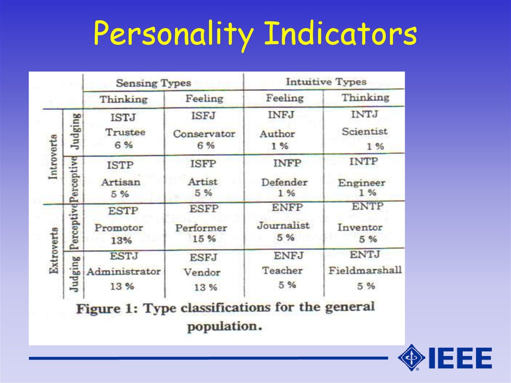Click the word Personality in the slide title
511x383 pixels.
pos(174,34)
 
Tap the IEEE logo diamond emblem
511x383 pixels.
pos(411,358)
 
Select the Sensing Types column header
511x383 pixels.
pos(154,83)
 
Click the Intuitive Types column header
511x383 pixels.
pos(326,82)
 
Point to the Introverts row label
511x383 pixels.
pos(53,157)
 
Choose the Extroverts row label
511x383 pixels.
pos(54,251)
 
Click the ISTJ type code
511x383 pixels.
pos(123,117)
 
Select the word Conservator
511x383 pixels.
pos(204,134)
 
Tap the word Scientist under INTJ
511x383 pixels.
pos(365,131)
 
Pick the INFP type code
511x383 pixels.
pos(287,163)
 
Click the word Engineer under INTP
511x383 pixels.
pos(361,183)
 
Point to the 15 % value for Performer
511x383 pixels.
pos(204,239)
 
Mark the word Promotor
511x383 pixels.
pos(119,228)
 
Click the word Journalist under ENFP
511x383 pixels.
pos(283,225)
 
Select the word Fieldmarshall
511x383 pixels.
pos(365,270)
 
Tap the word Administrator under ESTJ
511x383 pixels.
pos(124,272)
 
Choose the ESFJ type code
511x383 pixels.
pos(204,257)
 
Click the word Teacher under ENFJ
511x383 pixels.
pos(282,271)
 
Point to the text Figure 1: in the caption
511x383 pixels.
pos(107,309)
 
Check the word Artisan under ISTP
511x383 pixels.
pos(121,182)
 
